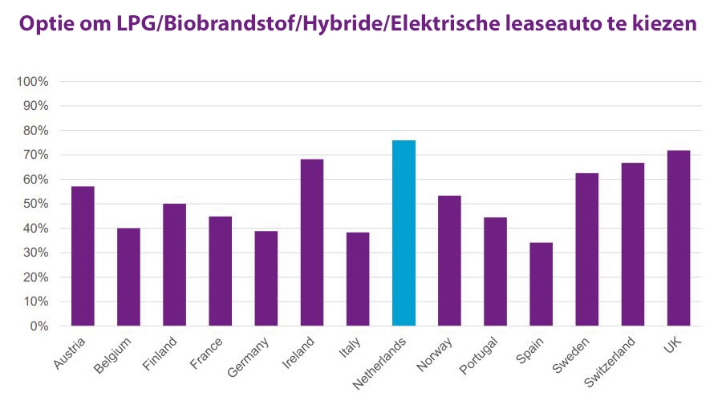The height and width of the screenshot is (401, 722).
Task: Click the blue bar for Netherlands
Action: pyautogui.click(x=404, y=233)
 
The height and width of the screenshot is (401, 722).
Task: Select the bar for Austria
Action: pyautogui.click(x=83, y=256)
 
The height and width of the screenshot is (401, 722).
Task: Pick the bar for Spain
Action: pyautogui.click(x=541, y=284)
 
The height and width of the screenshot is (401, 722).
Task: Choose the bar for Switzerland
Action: pyautogui.click(x=633, y=244)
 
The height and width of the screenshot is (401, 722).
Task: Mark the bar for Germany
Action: pyautogui.click(x=266, y=278)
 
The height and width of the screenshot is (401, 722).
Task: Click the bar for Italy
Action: pyautogui.click(x=358, y=279)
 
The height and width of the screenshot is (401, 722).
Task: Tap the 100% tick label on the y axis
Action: pyautogui.click(x=34, y=82)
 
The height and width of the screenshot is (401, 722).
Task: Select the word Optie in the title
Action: pyautogui.click(x=47, y=25)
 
